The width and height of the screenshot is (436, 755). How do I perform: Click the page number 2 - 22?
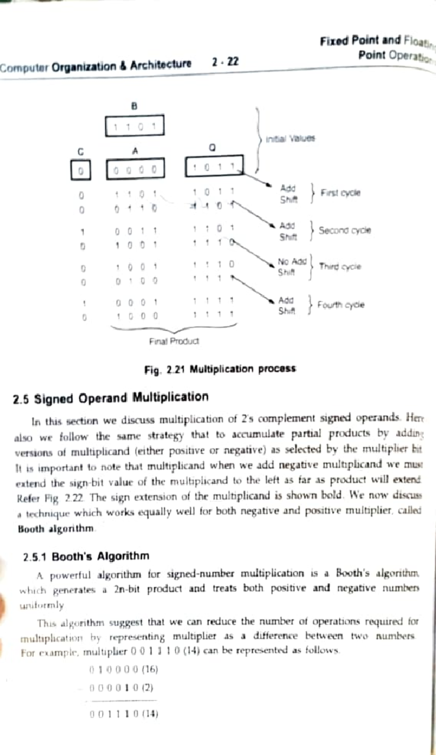tap(225, 62)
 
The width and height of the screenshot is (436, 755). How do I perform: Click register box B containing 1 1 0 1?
tap(134, 126)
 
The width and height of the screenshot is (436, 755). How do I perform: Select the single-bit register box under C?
tap(81, 170)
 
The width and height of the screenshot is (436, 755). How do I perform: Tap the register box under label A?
tap(135, 169)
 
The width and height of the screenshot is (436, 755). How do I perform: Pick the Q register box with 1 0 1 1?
tap(214, 166)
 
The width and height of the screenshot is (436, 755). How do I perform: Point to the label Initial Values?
tap(290, 139)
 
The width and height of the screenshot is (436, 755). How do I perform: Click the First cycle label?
tap(340, 193)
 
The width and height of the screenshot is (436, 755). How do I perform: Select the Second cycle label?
tap(344, 231)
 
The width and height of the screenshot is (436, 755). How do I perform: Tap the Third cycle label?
tap(340, 267)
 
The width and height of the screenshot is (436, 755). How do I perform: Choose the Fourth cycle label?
tap(340, 305)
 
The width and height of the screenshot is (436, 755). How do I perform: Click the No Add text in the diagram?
tap(292, 261)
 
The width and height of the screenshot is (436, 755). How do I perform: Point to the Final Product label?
tap(174, 341)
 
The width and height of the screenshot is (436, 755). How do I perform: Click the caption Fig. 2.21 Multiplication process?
tap(220, 369)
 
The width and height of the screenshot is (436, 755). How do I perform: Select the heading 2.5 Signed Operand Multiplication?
tap(111, 398)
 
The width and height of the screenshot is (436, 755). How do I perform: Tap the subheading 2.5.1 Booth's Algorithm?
tap(86, 556)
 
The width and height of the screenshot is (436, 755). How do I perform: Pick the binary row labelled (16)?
tap(124, 669)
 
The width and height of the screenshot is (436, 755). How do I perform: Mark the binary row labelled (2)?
tap(121, 688)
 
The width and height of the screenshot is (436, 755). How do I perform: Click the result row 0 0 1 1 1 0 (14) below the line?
tap(124, 714)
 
